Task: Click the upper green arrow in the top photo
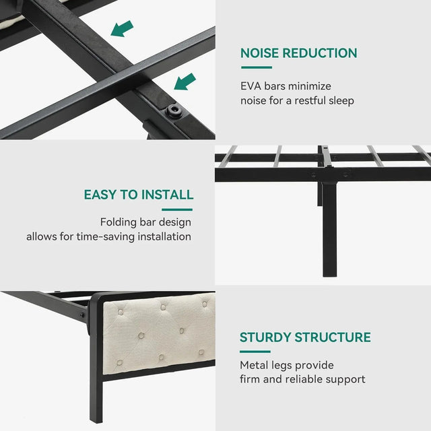pos(122,28)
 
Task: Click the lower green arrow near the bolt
pos(185,81)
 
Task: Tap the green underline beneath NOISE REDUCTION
pos(256,67)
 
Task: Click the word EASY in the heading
pos(100,195)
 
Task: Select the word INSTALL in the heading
pos(167,195)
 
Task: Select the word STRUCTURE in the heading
pos(333,337)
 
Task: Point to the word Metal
pos(254,365)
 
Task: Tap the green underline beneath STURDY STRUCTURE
pos(255,352)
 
